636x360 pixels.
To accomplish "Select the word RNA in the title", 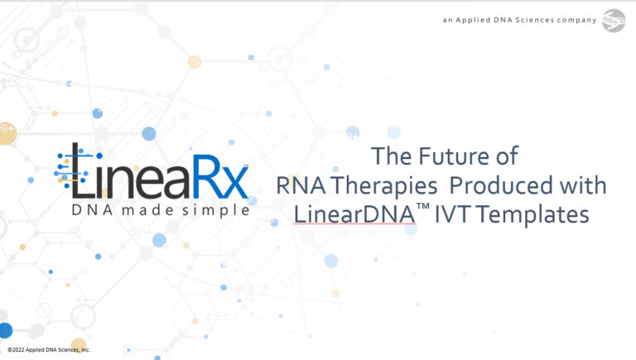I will click(296, 185).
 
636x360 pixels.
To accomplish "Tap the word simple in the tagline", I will click(219, 210).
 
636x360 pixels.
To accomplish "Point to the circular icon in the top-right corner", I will click(614, 19).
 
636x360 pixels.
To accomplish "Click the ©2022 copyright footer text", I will click(49, 350).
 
